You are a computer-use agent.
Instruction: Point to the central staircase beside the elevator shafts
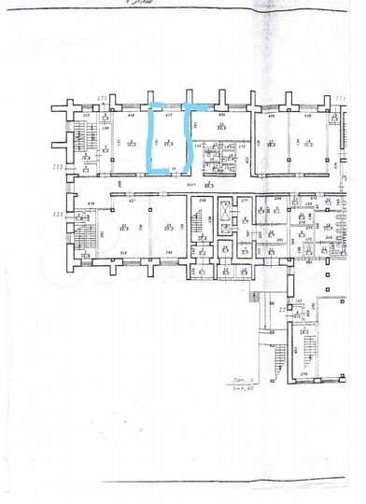point(202,228)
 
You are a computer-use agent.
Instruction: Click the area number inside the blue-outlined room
point(169,144)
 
